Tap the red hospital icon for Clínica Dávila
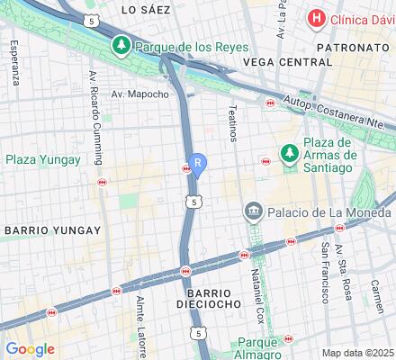tap(316, 18)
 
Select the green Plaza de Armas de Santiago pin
tap(289, 154)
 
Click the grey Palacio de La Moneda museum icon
tap(253, 211)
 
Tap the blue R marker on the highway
tap(198, 165)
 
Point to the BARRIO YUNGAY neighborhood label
tap(52, 230)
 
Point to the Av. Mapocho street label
tap(135, 92)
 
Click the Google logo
tap(30, 349)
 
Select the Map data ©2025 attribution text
tap(357, 353)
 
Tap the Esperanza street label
tap(15, 64)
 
